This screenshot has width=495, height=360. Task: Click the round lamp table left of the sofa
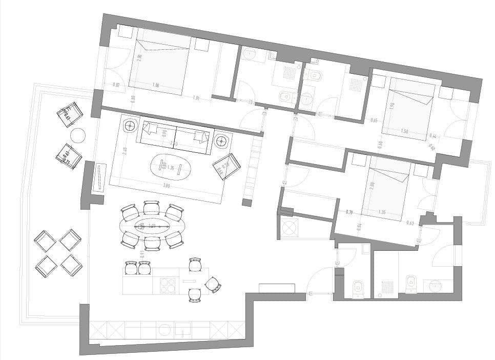click(x=129, y=125)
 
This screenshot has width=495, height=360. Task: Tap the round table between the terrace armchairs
click(x=77, y=135)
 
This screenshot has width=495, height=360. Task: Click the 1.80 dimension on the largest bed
click(x=156, y=85)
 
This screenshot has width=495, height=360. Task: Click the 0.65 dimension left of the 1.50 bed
click(x=374, y=121)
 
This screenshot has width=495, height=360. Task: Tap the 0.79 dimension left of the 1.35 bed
click(x=350, y=211)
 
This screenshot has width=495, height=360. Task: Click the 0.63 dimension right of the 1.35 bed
click(x=410, y=223)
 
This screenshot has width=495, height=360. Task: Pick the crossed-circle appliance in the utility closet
click(x=288, y=227)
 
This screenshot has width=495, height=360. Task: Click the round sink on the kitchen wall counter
click(x=164, y=330)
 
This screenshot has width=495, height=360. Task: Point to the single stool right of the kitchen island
click(x=212, y=284)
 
